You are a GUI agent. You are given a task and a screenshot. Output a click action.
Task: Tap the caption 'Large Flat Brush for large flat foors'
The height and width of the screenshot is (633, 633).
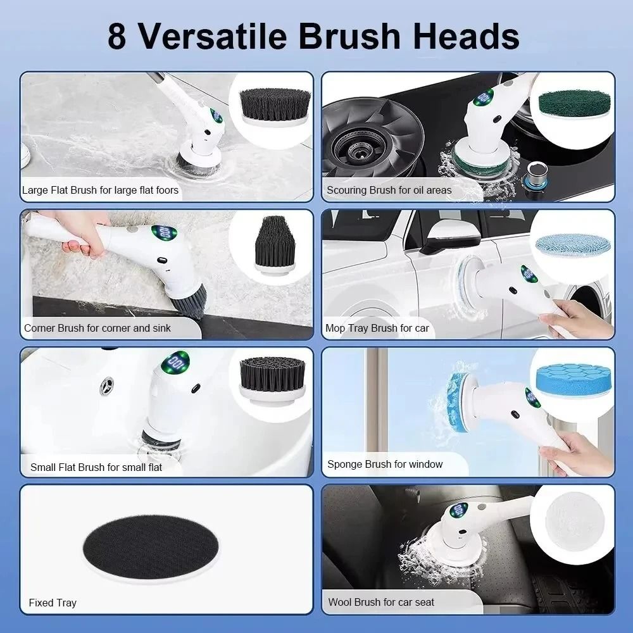click(x=100, y=190)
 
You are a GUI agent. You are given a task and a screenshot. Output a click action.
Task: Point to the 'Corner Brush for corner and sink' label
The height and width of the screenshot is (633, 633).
click(x=97, y=328)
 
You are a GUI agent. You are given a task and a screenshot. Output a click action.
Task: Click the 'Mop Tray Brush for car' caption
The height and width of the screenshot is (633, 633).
click(x=377, y=328)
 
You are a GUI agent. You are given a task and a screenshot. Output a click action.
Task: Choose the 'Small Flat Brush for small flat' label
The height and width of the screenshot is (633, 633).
click(x=96, y=467)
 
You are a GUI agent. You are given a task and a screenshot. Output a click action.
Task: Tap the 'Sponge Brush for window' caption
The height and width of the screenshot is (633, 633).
click(x=385, y=464)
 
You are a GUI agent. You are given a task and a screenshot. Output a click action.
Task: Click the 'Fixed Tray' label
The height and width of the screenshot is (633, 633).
click(x=53, y=603)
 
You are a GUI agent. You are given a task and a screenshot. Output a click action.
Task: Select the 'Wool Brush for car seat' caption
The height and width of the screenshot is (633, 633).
click(x=381, y=602)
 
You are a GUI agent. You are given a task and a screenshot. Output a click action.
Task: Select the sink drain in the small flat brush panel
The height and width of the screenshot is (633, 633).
click(x=108, y=384)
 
